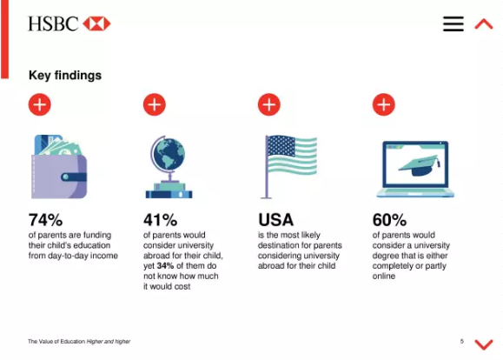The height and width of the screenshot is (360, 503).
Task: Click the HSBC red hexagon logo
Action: (x=96, y=23)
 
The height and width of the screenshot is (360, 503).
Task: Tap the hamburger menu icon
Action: (x=453, y=23)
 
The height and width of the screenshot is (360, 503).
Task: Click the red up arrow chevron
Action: (x=484, y=24)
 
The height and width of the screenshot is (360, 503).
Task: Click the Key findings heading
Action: (x=65, y=76)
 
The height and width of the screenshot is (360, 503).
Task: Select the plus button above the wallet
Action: (x=40, y=104)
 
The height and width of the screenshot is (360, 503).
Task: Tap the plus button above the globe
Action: (x=155, y=104)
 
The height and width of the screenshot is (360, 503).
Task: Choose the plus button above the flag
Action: (x=269, y=104)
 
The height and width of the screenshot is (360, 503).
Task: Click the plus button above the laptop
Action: (x=384, y=104)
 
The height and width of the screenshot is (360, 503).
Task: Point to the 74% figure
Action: (x=45, y=220)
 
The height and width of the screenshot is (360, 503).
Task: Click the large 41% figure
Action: (x=161, y=220)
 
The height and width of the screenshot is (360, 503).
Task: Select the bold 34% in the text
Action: (x=165, y=266)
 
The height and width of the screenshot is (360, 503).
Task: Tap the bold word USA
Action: (x=276, y=220)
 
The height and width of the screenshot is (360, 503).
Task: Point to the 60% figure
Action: (x=389, y=220)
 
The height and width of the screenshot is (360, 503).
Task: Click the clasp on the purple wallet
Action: (x=74, y=177)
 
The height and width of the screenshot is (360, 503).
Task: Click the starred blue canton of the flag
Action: (x=281, y=146)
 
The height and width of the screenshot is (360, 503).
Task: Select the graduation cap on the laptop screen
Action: (x=420, y=166)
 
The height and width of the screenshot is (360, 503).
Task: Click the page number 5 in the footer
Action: (x=462, y=341)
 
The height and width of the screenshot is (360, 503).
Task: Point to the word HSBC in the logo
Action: (x=53, y=23)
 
